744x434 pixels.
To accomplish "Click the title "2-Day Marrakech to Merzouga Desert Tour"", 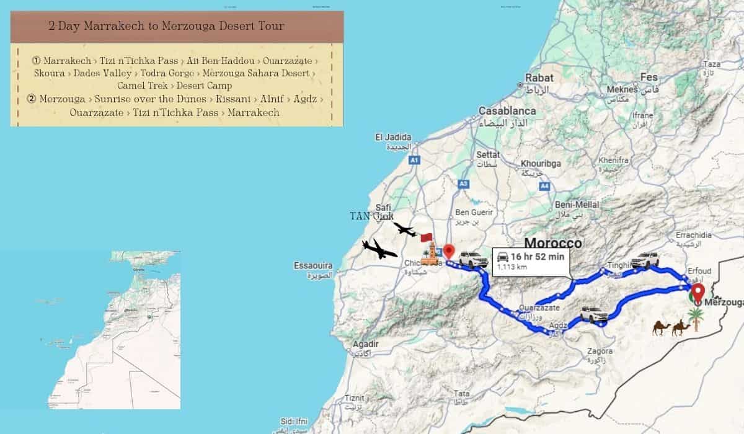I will click(x=167, y=27).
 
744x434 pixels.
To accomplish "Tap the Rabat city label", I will click(x=539, y=78).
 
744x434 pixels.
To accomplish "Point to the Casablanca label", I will click(x=507, y=110).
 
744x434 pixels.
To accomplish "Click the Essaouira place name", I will click(x=313, y=266).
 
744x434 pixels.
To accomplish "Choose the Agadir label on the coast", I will click(x=365, y=344).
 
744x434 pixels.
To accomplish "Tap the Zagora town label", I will click(x=600, y=351).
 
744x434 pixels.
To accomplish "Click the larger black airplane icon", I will click(x=379, y=249).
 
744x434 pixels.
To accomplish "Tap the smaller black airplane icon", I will click(x=405, y=231).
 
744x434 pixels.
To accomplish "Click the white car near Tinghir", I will click(x=645, y=260).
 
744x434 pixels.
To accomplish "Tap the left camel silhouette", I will click(x=661, y=327).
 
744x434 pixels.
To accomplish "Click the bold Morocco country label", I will click(x=553, y=243).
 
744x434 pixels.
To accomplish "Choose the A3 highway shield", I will click(x=463, y=184).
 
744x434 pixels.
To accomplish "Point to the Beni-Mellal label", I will click(x=577, y=205).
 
